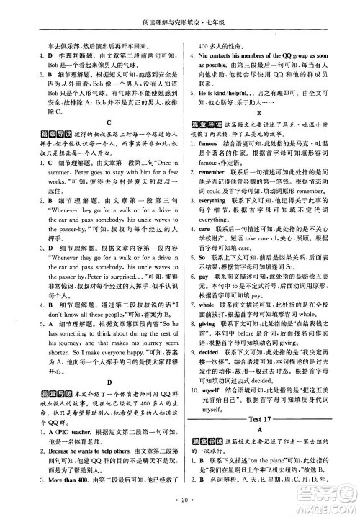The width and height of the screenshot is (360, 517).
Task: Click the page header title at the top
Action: (x=180, y=10)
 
